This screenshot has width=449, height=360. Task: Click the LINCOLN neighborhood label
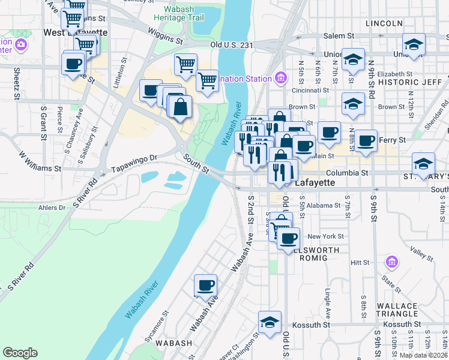384,23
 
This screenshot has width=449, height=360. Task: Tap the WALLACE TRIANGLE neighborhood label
397,310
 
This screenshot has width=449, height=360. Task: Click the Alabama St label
325,205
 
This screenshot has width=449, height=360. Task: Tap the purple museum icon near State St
391,262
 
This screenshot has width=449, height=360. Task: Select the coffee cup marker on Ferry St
366,141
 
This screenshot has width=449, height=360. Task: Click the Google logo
20,353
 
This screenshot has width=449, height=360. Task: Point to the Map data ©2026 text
424,355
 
